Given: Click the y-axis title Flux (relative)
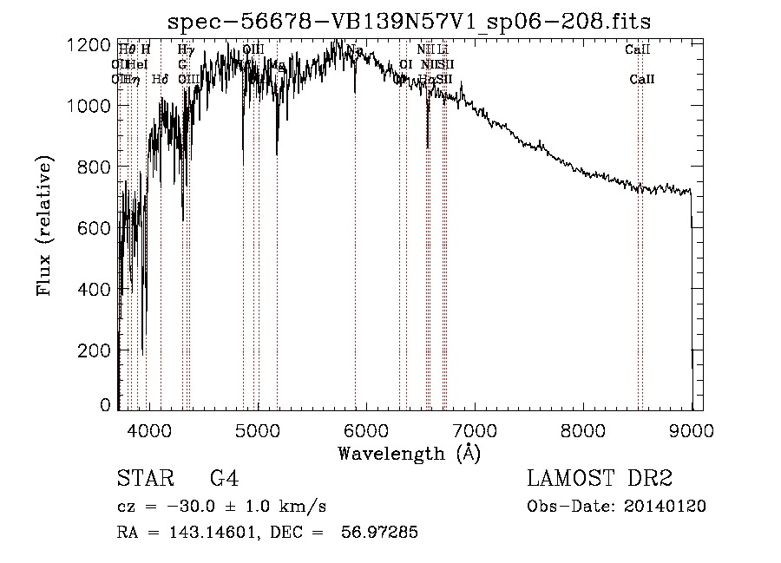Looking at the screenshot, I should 44,226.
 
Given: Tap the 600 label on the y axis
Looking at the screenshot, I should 95,227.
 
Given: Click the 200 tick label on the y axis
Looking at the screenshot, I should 95,350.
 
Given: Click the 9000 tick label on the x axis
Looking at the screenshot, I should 692,429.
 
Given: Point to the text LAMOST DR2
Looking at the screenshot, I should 600,480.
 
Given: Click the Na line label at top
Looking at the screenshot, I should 355,50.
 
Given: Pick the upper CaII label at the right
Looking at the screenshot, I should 638,50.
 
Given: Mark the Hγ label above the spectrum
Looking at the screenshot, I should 186,50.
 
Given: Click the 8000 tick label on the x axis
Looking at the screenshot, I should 583,429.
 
